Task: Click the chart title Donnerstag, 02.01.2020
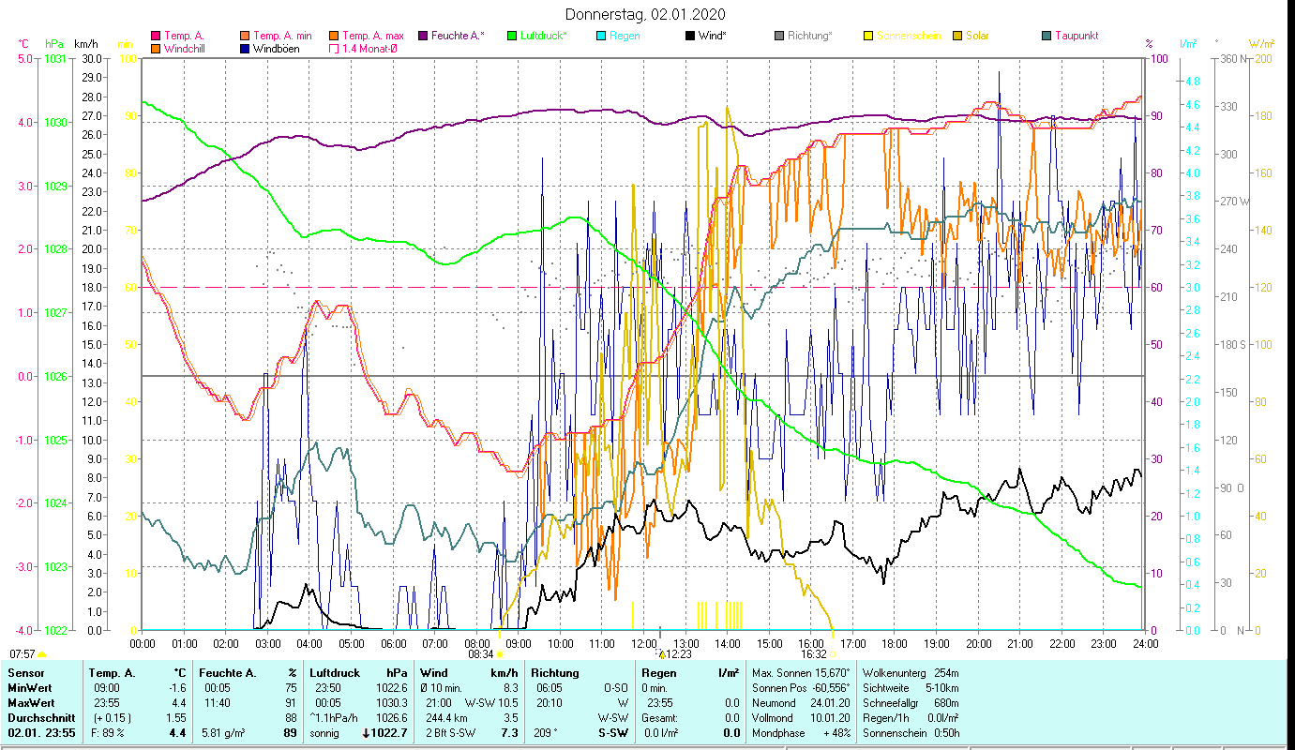[645, 15]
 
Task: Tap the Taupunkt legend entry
[1076, 36]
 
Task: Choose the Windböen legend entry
[276, 48]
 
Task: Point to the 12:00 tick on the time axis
[644, 644]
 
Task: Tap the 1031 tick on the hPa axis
[55, 58]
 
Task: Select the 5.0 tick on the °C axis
[24, 58]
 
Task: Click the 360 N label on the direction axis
[1230, 58]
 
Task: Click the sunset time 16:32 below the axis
[813, 654]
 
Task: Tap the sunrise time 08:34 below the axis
[479, 654]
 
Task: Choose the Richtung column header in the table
[555, 673]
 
